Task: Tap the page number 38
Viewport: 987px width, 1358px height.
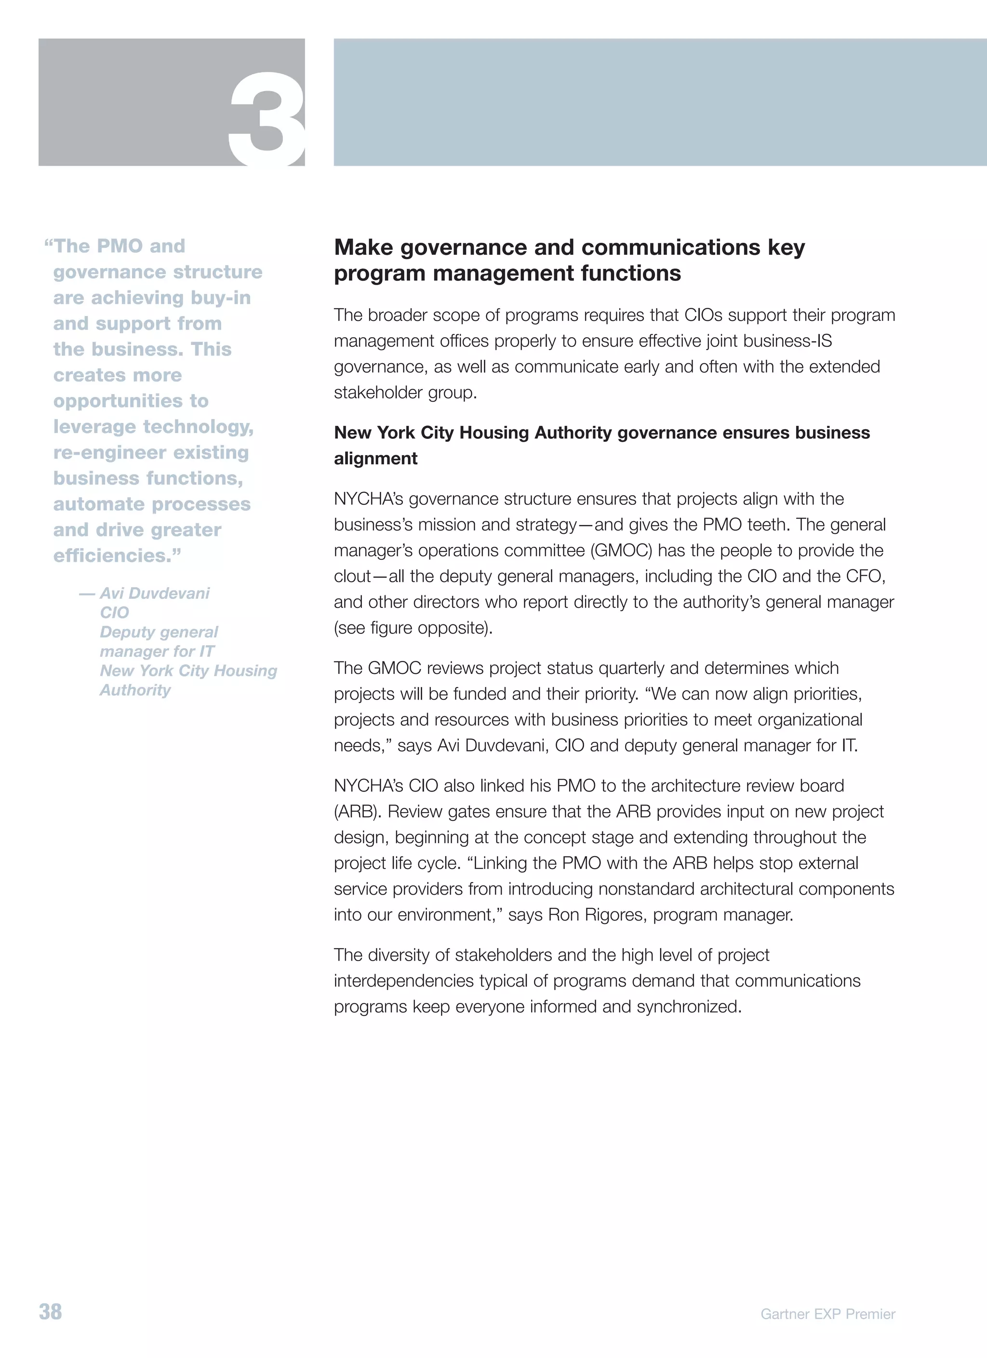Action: click(50, 1311)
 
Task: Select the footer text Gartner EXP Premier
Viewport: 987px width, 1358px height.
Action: click(827, 1314)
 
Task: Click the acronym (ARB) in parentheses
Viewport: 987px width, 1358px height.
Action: click(357, 811)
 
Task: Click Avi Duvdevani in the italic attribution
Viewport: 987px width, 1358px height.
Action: click(155, 593)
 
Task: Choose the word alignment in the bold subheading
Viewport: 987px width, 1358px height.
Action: click(375, 459)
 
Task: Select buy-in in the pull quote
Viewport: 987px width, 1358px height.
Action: click(220, 298)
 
